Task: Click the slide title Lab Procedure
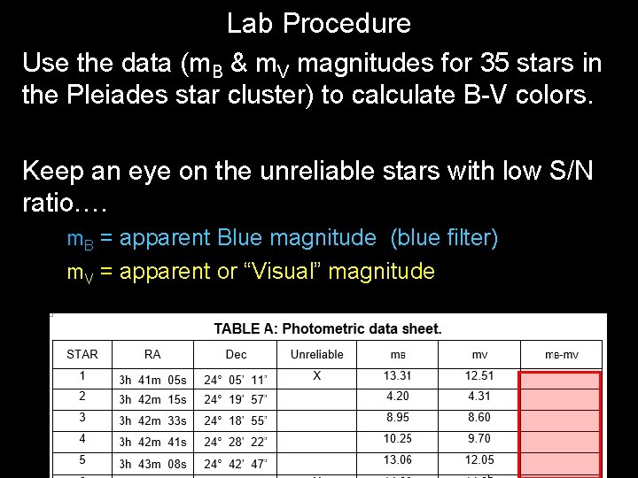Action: click(318, 23)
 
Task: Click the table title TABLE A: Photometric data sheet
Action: click(328, 329)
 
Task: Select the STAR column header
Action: click(82, 354)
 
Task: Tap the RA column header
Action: click(152, 354)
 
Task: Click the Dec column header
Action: click(236, 354)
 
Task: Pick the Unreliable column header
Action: click(316, 354)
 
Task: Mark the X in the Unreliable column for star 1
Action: click(316, 376)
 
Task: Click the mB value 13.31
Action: click(397, 376)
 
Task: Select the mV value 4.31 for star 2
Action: click(478, 397)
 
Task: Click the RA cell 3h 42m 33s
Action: click(152, 421)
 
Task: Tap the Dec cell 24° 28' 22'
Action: click(235, 442)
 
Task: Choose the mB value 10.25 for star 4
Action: click(397, 439)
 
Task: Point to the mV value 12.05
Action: click(478, 460)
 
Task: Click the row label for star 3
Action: click(82, 418)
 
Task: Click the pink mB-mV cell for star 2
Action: click(560, 400)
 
